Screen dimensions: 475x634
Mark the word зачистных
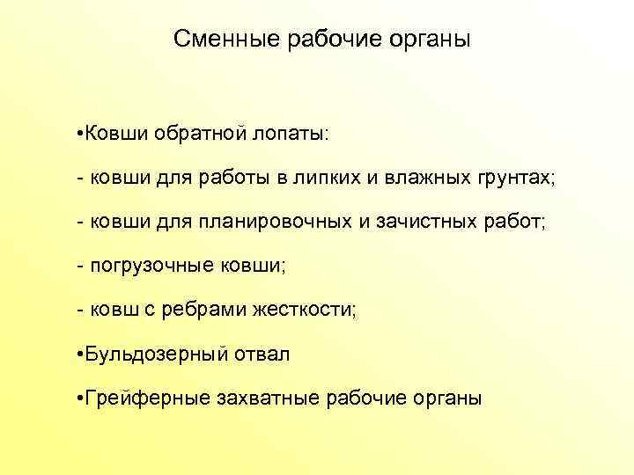(x=426, y=222)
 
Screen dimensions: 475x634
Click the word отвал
(x=261, y=355)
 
